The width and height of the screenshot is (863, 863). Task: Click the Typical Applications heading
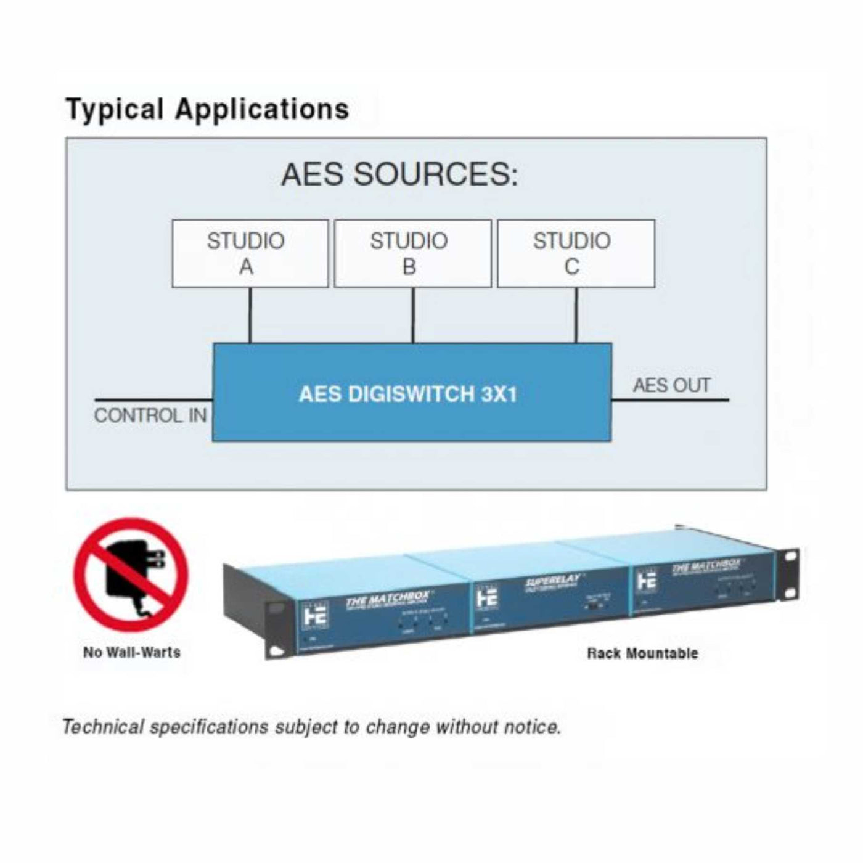point(207,110)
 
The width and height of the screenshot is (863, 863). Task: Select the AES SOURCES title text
point(399,174)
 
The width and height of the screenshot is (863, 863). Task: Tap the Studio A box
point(250,253)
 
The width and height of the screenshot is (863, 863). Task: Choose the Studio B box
point(412,253)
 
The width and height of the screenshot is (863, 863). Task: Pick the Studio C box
point(576,253)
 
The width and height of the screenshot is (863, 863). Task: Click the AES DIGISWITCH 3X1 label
point(408,394)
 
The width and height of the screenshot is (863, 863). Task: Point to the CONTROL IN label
point(150,415)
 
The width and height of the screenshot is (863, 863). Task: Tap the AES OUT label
point(671,385)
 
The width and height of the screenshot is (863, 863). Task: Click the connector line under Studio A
point(250,315)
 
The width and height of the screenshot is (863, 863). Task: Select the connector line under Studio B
point(413,315)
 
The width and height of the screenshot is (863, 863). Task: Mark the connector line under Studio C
point(576,315)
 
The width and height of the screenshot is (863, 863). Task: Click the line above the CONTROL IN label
point(153,400)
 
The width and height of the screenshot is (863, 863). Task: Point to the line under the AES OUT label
point(670,400)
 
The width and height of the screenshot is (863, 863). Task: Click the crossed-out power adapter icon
point(131,575)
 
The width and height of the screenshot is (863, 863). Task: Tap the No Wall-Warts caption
point(132,652)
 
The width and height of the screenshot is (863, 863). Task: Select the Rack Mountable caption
point(642,653)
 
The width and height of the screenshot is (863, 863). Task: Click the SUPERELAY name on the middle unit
point(553,581)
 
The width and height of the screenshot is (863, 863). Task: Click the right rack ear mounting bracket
point(788,573)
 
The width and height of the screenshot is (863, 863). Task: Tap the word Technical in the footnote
point(103,727)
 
